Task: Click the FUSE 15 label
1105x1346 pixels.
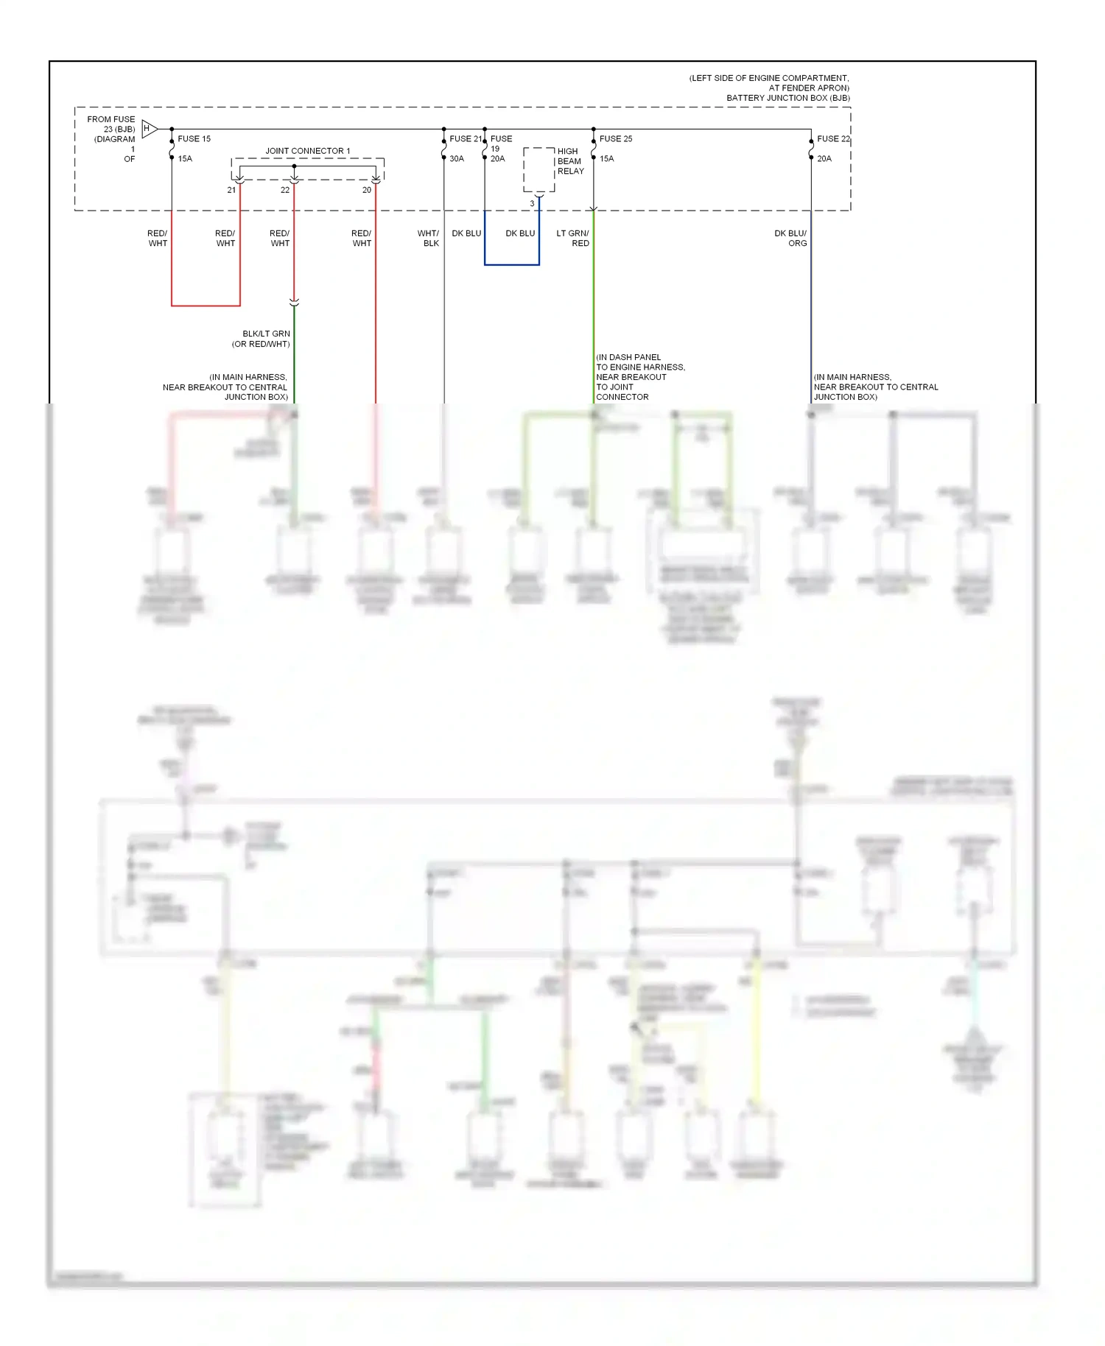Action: [x=194, y=138]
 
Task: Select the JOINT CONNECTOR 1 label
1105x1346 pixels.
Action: [x=307, y=151]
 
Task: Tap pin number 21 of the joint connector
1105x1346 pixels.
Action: [x=231, y=190]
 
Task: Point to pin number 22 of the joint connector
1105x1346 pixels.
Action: [x=285, y=190]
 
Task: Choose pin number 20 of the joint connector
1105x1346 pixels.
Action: [x=367, y=190]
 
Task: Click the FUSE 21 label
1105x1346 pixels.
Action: [x=466, y=138]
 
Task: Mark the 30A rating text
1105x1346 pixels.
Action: [x=457, y=159]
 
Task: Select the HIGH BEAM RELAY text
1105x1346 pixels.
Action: [x=570, y=161]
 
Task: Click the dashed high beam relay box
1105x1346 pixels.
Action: [x=539, y=169]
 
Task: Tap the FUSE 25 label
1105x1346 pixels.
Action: [x=616, y=138]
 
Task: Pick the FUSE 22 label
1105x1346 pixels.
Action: [x=833, y=138]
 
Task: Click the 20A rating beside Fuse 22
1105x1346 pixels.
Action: [x=824, y=159]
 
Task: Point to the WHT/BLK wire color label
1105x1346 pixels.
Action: [x=428, y=238]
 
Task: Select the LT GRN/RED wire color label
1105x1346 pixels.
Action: [x=573, y=238]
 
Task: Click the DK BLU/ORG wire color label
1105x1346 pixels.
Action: [x=790, y=238]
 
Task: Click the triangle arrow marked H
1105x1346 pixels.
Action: [x=149, y=129]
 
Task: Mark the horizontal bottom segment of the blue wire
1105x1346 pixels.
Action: [x=511, y=264]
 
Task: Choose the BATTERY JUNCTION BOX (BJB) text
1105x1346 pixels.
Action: [x=787, y=98]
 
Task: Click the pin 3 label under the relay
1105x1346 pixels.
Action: [x=532, y=204]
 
